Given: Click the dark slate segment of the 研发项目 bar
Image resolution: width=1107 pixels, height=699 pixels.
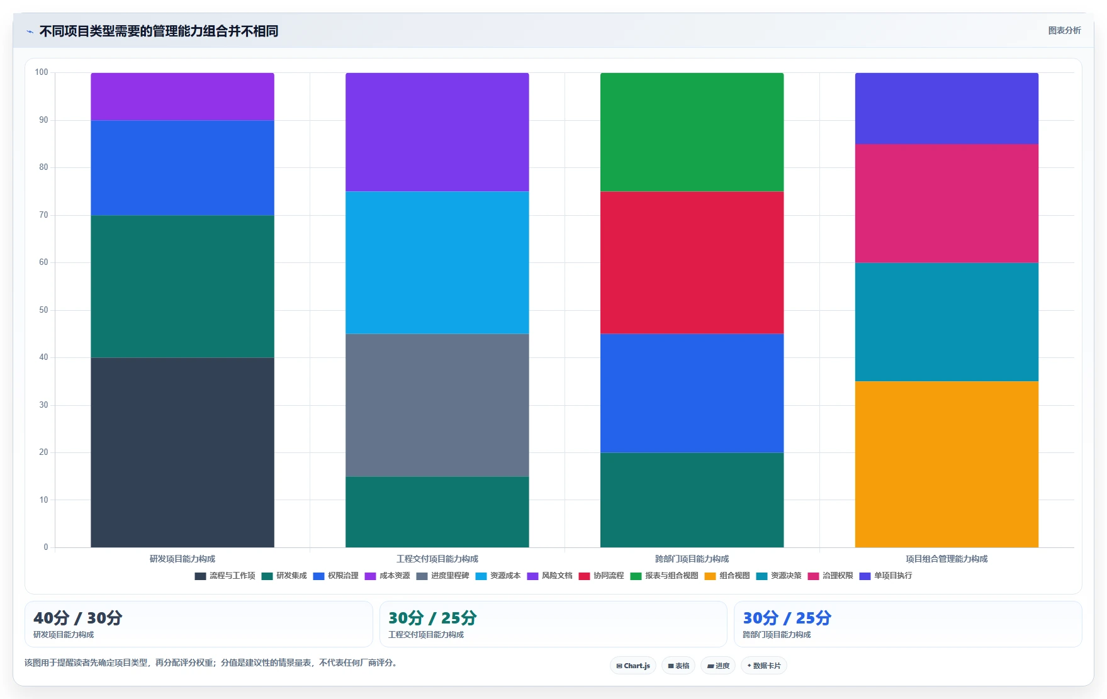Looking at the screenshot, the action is coord(183,452).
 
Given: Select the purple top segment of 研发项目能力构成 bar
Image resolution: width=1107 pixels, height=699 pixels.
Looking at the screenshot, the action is coord(183,96).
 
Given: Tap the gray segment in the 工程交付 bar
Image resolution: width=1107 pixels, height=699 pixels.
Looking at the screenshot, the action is coord(437,405).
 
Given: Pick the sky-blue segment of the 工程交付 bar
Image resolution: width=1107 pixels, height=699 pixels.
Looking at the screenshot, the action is coord(437,262).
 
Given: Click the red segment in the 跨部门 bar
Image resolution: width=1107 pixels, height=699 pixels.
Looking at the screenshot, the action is coord(692,262).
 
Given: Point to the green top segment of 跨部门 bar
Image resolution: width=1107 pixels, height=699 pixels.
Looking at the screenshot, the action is coord(692,132).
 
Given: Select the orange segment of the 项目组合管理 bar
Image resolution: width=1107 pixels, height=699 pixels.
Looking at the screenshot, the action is coord(947,464).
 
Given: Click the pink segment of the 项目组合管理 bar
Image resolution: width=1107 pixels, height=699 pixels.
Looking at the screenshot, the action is coord(947,203).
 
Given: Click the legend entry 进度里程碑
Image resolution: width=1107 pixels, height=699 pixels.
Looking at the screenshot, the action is coord(443,576).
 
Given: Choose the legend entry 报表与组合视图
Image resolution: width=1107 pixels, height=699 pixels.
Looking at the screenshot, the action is coord(665,576).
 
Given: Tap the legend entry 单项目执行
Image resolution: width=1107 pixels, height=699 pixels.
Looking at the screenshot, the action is coord(886,576).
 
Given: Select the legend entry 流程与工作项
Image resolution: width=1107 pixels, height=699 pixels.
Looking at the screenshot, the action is coord(225,576).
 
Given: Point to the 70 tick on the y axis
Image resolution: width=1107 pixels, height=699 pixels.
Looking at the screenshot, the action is coord(43,215).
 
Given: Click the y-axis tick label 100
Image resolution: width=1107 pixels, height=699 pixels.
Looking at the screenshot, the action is coord(42,72).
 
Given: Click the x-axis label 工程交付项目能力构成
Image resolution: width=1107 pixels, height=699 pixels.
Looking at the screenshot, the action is coord(437,559).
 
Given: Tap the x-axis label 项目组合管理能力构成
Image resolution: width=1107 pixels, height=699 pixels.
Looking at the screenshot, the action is coord(947,559).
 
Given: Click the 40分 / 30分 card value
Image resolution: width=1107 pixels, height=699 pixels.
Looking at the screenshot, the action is coord(78,618).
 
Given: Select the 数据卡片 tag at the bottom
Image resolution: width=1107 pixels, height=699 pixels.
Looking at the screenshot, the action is coord(764,666).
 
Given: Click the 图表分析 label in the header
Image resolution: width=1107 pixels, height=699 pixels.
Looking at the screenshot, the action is coord(1064,30).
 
